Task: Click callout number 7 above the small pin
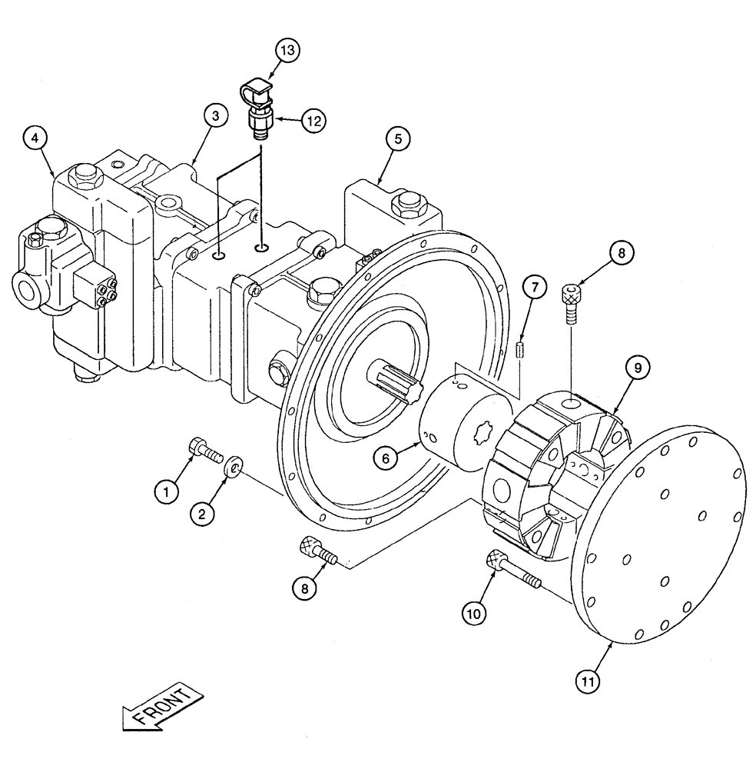pos(535,288)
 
